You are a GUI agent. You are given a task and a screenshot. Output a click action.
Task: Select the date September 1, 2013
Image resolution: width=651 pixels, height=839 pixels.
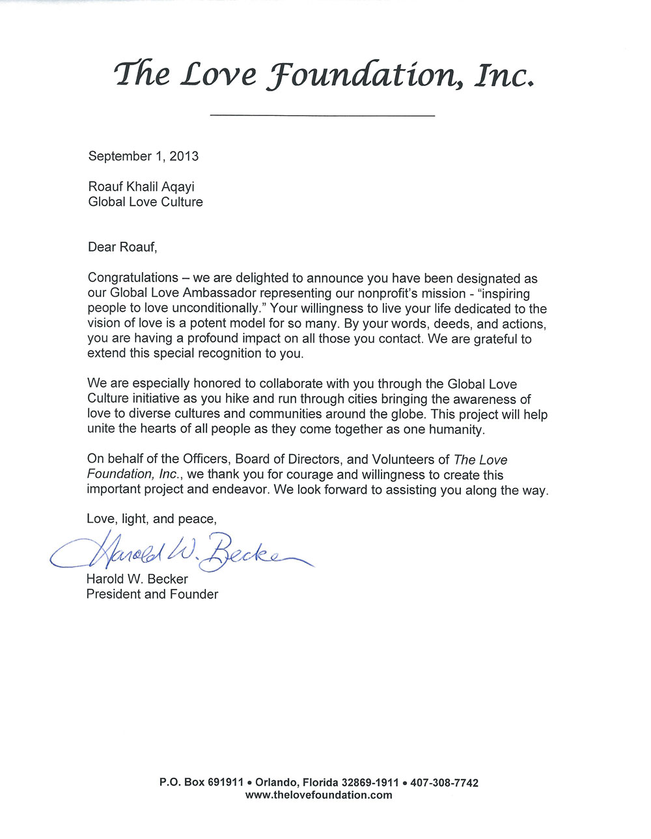[143, 156]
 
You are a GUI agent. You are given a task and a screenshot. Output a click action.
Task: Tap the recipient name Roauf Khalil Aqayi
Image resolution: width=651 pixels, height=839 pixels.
[141, 188]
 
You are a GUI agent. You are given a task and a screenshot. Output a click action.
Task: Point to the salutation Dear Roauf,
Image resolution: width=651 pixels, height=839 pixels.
[122, 247]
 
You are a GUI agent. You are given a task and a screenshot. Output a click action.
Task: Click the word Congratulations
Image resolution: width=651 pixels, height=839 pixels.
[133, 279]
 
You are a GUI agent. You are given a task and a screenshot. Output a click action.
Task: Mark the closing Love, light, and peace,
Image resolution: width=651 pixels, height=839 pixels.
[151, 519]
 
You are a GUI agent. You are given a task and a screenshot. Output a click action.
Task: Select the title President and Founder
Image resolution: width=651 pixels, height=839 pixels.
[152, 594]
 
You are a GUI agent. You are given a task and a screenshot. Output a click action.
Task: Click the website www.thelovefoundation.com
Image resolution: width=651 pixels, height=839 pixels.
[319, 795]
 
